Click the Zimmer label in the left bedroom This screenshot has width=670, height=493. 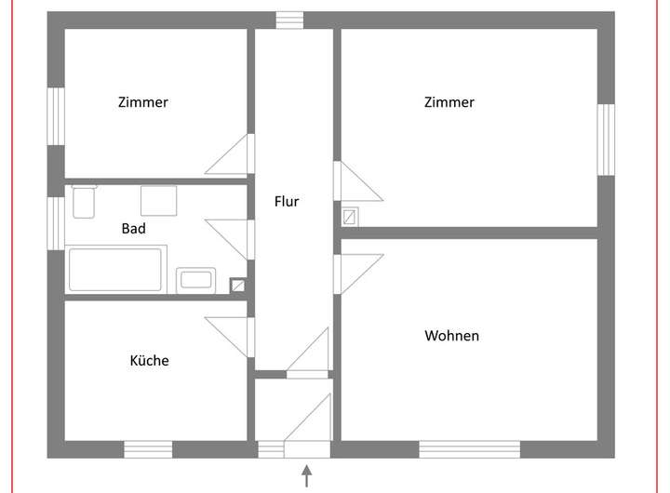click(143, 102)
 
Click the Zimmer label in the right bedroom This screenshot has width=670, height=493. click(449, 102)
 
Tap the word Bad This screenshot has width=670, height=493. click(133, 228)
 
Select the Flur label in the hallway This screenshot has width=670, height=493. click(287, 201)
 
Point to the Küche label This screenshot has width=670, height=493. click(149, 360)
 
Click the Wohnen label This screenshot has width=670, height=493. click(451, 335)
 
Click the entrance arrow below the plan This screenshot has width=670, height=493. click(306, 476)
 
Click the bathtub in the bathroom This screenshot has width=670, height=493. click(116, 269)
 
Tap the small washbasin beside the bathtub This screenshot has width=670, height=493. click(196, 279)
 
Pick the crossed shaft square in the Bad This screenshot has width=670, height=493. click(237, 286)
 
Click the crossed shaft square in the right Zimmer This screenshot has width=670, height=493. click(350, 217)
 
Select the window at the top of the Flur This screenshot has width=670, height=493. click(289, 20)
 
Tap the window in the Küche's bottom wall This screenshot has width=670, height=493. click(148, 449)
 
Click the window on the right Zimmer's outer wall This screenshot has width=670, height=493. click(606, 138)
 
